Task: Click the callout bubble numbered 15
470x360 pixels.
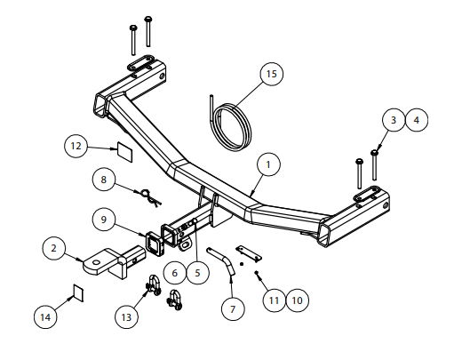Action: [x=272, y=74]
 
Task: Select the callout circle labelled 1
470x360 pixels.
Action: [x=268, y=164]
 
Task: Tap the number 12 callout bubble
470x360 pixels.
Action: [x=76, y=146]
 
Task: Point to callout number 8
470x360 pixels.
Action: [x=103, y=180]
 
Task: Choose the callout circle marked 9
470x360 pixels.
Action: [x=103, y=220]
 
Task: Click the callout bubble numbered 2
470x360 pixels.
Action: [x=54, y=248]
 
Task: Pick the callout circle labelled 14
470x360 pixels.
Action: [x=45, y=317]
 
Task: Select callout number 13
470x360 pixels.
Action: [x=126, y=317]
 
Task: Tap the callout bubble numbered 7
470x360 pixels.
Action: [x=233, y=309]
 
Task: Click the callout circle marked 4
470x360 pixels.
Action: [x=417, y=120]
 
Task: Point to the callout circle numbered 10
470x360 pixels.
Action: [x=297, y=300]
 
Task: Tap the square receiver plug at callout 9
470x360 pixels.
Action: [x=155, y=244]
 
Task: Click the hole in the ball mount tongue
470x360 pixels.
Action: [x=96, y=262]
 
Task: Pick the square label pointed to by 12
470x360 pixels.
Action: [x=124, y=152]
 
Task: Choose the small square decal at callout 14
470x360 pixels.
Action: [x=78, y=292]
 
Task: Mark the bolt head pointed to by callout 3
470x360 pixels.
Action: [x=374, y=153]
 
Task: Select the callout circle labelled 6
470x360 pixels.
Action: [x=175, y=273]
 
